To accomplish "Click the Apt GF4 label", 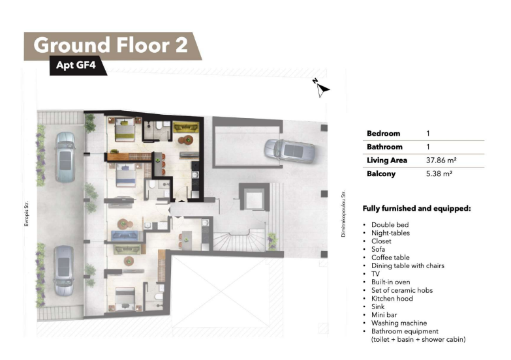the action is coord(76,65).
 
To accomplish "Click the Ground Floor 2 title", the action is coord(111,45).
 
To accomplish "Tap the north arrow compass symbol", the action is coord(322,88).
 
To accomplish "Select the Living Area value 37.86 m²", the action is coord(441,160).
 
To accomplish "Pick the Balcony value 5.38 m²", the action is coord(439,173).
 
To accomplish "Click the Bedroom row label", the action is coord(383,133).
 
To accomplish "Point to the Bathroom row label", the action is coord(384,147).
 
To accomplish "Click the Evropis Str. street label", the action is coord(26,214).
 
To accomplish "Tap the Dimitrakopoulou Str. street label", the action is coord(343,214).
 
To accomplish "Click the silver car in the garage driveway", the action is coord(290,151).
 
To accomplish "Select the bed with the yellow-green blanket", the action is coord(125,129).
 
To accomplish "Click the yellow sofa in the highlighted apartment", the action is coord(185,127).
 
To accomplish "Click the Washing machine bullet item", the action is coord(399,323).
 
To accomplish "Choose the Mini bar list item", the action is coord(384,315).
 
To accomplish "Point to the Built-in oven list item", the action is coord(390,282).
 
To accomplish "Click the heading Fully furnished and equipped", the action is coord(417,209).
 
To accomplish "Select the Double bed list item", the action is coord(390,224).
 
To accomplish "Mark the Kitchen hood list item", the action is coord(392,299).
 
